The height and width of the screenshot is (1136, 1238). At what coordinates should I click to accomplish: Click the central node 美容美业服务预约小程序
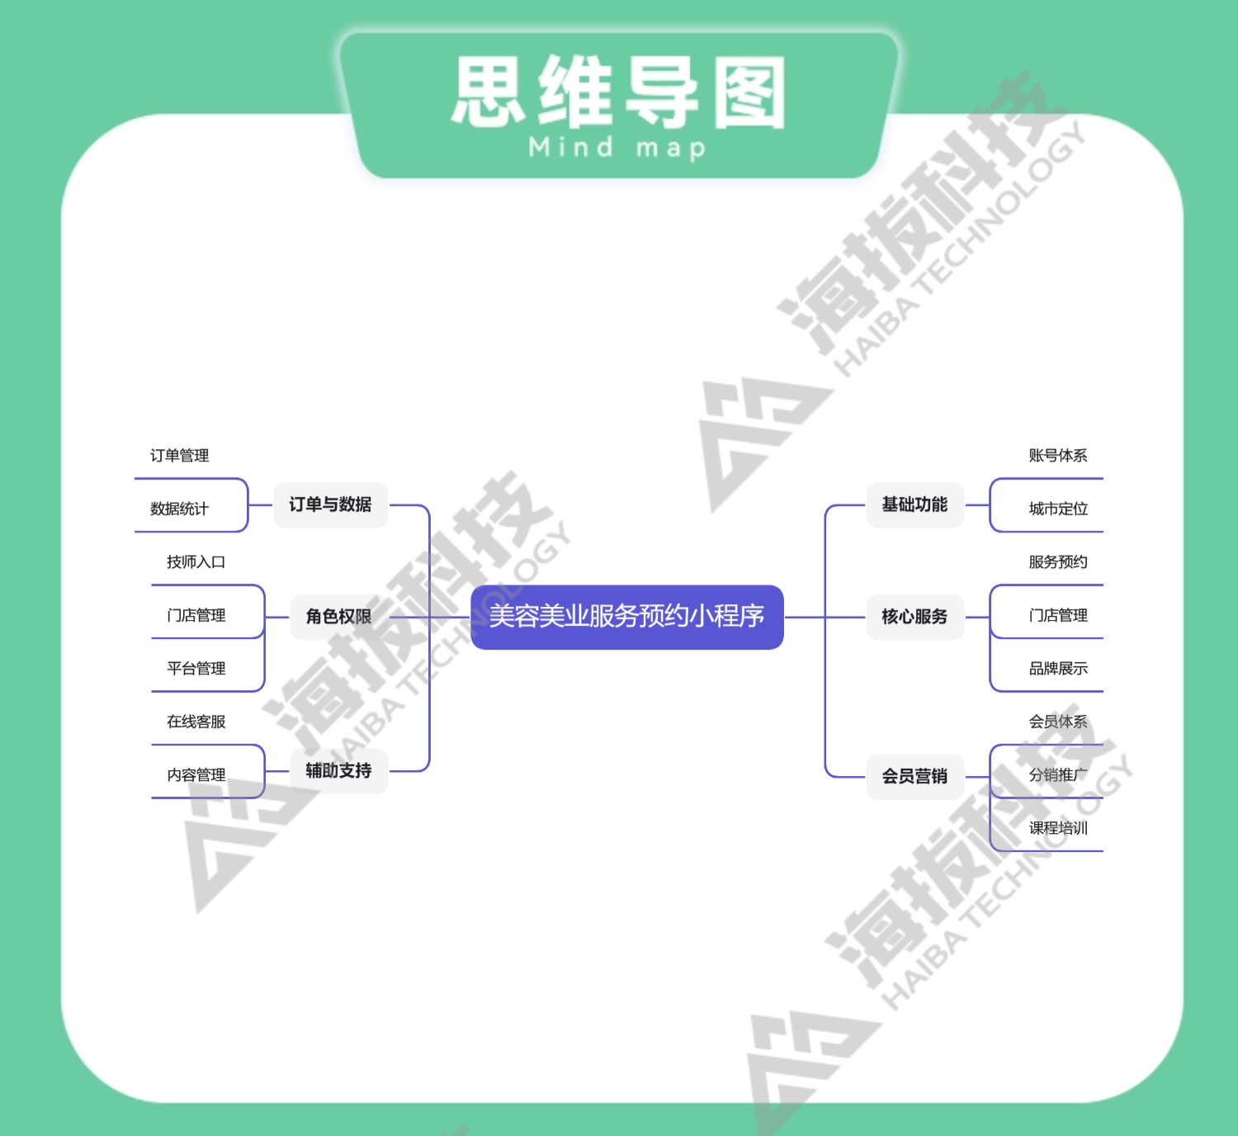626,617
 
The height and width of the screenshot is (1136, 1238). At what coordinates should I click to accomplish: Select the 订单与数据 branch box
330,504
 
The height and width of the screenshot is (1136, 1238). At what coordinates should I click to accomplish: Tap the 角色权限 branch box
338,617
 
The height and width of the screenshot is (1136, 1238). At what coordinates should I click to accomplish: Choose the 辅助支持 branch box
338,771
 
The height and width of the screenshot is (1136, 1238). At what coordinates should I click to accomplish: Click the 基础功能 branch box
914,504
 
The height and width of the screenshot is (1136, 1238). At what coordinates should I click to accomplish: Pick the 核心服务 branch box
914,617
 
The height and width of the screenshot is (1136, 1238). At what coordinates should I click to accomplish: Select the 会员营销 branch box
914,776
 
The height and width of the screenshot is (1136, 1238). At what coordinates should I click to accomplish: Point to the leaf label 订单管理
179,456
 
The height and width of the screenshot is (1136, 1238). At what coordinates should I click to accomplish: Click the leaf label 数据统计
179,509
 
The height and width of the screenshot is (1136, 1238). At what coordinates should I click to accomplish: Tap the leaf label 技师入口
196,562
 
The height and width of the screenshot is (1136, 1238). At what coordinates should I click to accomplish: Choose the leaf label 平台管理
196,669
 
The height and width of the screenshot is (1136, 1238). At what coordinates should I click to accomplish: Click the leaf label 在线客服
196,722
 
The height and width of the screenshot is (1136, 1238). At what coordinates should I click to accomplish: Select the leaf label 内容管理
196,775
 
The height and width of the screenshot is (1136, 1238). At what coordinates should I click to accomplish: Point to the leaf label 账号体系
1057,456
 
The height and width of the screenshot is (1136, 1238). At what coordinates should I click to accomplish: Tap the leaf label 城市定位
1057,509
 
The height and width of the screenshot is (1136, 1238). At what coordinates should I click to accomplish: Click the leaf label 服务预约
1057,562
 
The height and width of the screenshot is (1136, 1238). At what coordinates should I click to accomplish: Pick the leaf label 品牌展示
1057,669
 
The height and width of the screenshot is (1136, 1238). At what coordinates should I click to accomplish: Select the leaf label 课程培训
1057,828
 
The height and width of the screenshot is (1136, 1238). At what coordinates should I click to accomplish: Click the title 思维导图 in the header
619,92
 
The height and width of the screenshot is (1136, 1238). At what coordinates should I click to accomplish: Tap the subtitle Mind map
617,149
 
